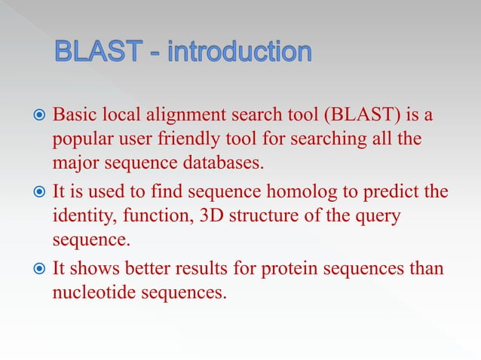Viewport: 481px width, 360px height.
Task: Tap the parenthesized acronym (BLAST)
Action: click(x=358, y=117)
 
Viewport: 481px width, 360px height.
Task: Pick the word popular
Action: click(x=81, y=141)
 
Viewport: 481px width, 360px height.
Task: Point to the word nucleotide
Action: click(x=88, y=293)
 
